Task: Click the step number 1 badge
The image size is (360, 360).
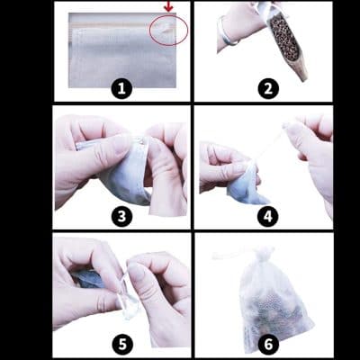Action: pyautogui.click(x=121, y=89)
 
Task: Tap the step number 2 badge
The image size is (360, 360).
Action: pyautogui.click(x=268, y=89)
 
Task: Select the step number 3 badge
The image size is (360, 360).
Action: pyautogui.click(x=121, y=216)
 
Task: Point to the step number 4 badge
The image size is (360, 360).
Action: pyautogui.click(x=268, y=216)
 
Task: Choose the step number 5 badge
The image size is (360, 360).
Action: pyautogui.click(x=122, y=345)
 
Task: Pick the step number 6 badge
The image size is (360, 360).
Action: pyautogui.click(x=268, y=345)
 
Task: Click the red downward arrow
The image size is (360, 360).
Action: pyautogui.click(x=169, y=6)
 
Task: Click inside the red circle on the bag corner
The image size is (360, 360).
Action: pyautogui.click(x=169, y=31)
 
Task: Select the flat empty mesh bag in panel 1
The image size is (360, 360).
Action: pyautogui.click(x=121, y=50)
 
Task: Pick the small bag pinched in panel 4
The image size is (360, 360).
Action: pyautogui.click(x=245, y=186)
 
